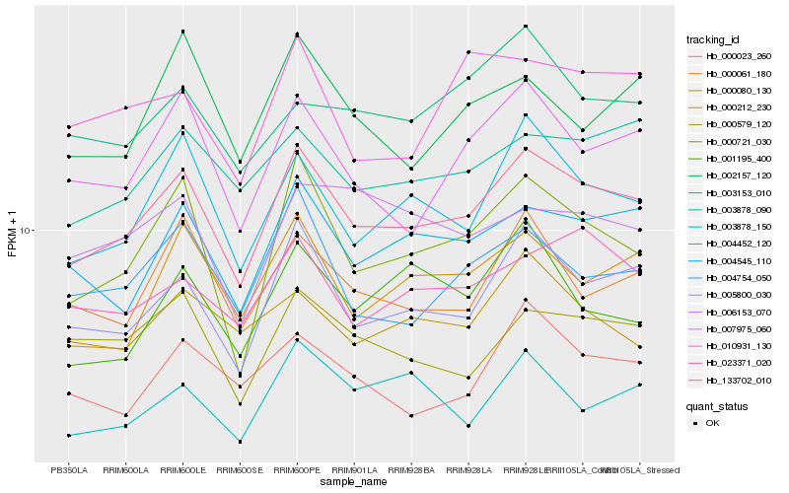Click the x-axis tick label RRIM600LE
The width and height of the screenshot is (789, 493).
pyautogui.click(x=182, y=470)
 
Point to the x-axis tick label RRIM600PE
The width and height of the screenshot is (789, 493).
pyautogui.click(x=297, y=470)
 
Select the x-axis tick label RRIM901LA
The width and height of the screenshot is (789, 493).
pyautogui.click(x=354, y=470)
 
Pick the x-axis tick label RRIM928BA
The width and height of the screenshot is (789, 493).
pyautogui.click(x=411, y=470)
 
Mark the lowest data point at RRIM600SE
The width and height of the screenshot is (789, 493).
pyautogui.click(x=240, y=442)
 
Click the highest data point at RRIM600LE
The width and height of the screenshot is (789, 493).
pyautogui.click(x=182, y=32)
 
